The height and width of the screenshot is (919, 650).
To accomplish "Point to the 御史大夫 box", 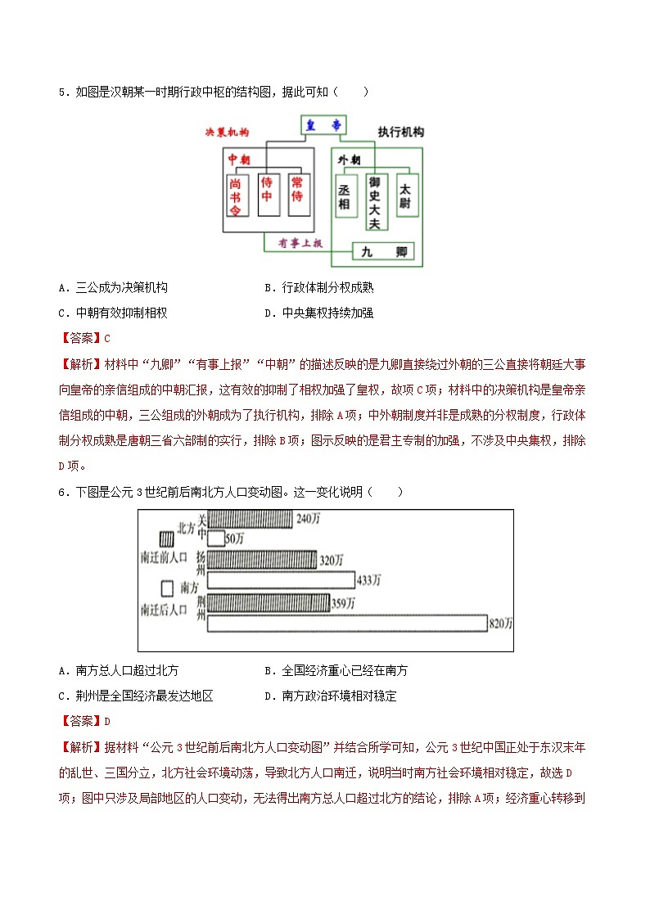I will pos(375,201).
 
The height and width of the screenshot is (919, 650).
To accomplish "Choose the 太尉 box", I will pos(406,196).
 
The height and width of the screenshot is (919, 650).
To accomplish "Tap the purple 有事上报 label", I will pos(300,243).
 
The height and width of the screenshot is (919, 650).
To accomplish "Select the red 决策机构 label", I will pos(227,132).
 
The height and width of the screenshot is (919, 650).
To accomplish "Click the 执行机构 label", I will pos(400,132).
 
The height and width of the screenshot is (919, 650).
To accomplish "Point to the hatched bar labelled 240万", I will pos(250,519).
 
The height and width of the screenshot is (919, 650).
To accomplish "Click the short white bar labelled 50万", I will pos(216,538).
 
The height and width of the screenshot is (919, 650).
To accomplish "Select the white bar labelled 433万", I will pos(280,580).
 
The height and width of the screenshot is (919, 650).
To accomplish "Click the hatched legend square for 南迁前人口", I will pos(166,539).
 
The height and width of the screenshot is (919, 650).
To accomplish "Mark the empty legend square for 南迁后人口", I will pos(166,588).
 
